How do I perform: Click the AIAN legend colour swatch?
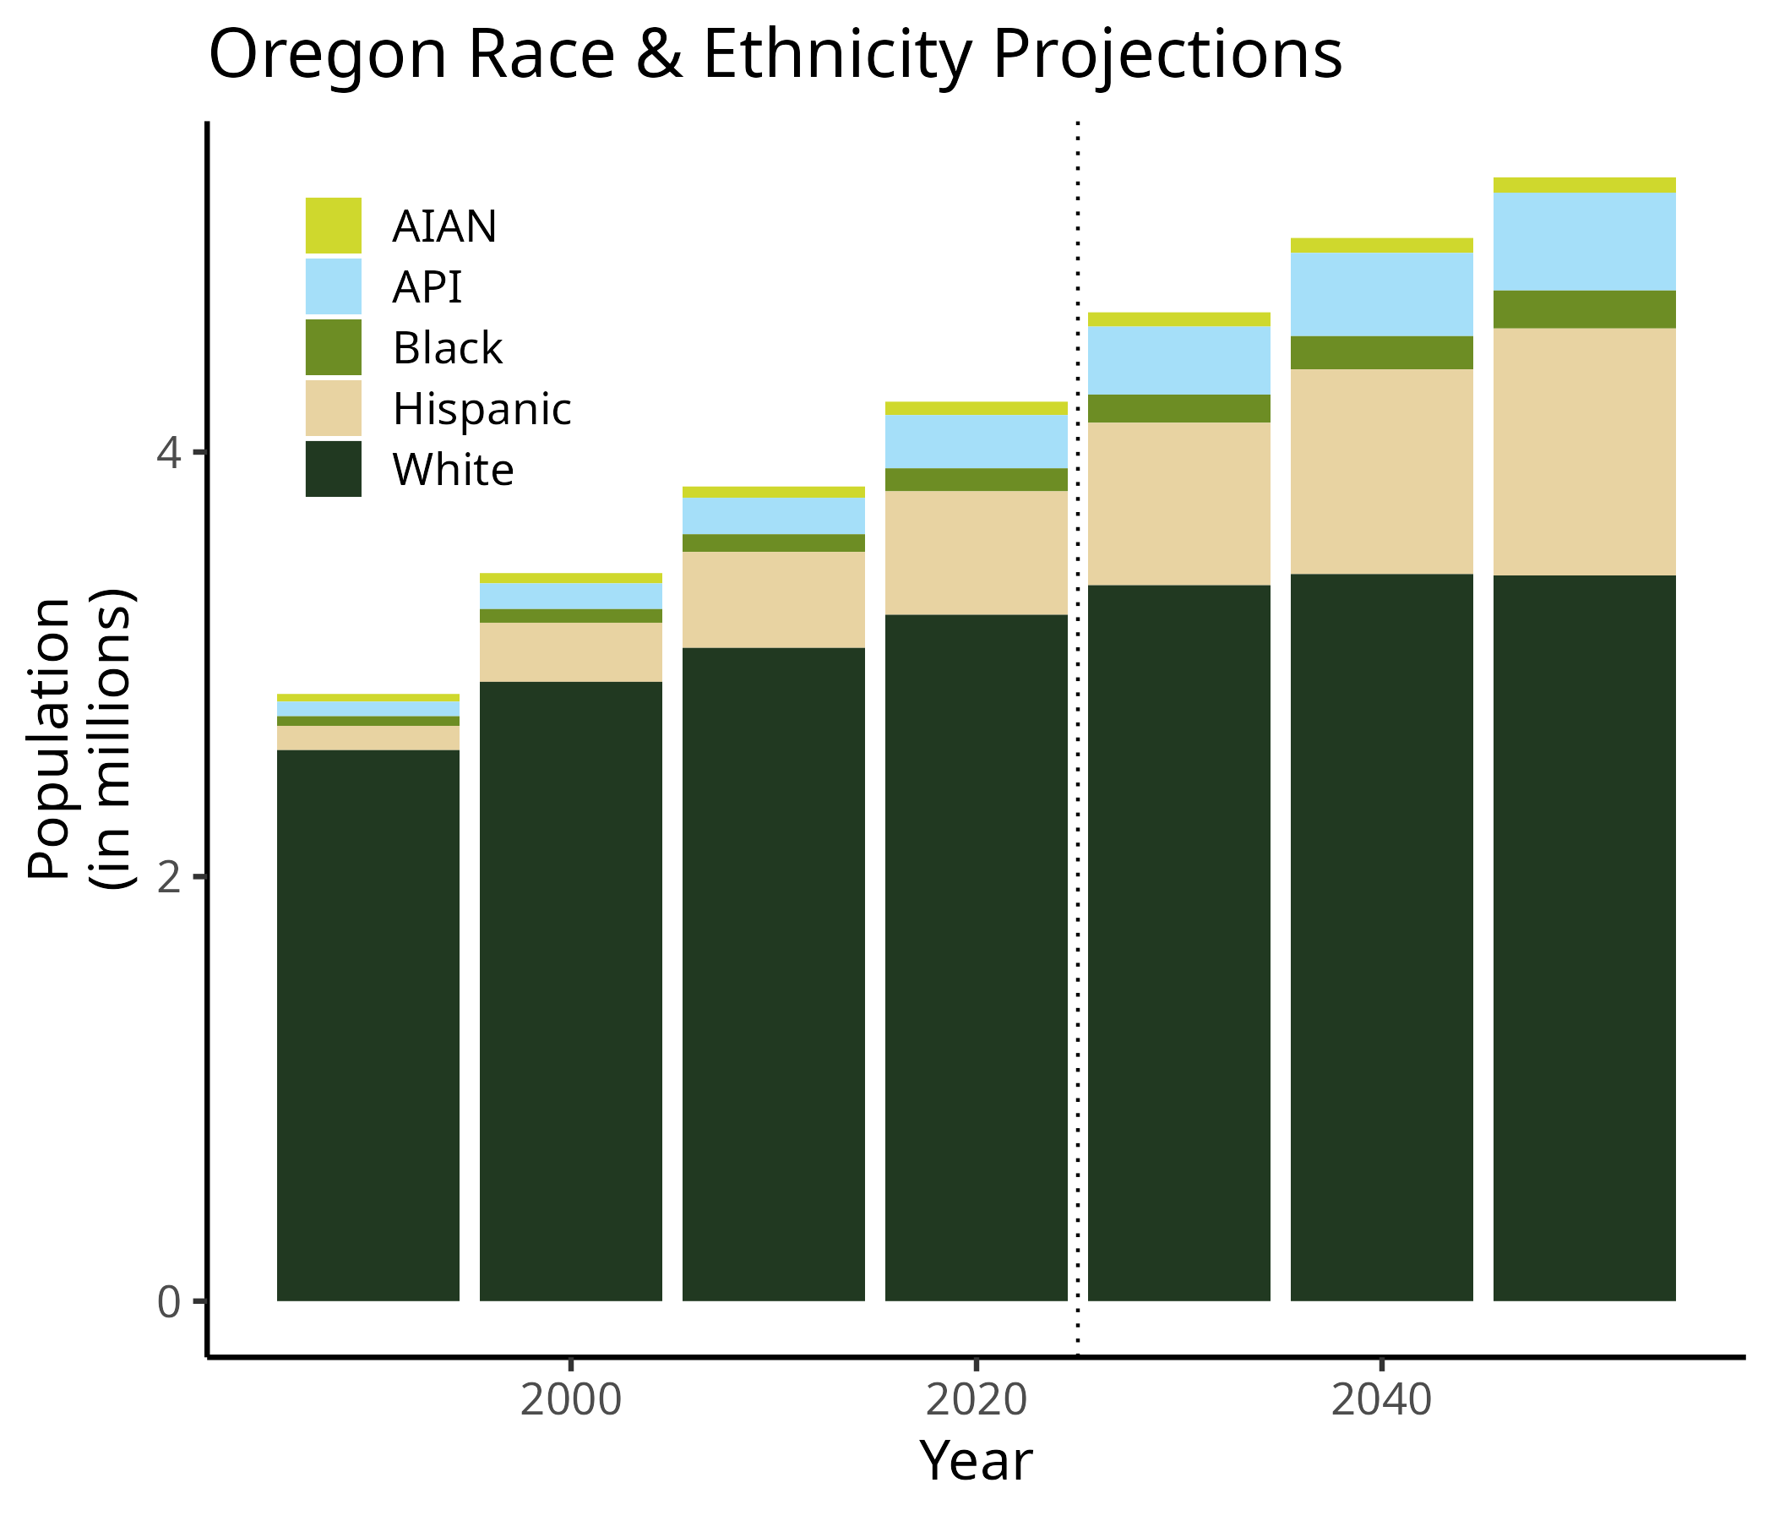333,226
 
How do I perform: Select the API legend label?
427,287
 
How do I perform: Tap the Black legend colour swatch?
333,346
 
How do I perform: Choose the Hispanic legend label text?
482,408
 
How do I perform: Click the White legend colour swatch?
333,468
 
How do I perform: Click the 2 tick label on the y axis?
170,877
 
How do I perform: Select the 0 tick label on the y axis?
170,1302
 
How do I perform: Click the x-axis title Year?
975,1461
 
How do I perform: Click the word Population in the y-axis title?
49,739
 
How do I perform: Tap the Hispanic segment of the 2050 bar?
1584,451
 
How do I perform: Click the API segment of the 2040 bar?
1381,294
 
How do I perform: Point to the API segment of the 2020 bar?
976,441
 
